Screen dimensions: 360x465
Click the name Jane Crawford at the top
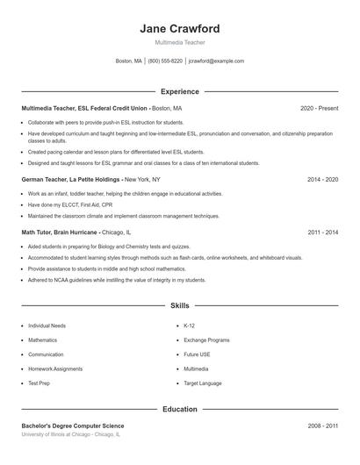click(179, 28)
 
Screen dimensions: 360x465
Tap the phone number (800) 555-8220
click(165, 61)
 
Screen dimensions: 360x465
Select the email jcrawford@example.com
click(216, 61)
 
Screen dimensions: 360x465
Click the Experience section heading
click(180, 91)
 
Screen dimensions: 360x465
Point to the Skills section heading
click(180, 305)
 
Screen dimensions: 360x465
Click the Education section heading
click(180, 409)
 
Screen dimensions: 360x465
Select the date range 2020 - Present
click(319, 109)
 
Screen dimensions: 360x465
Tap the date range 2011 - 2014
click(322, 232)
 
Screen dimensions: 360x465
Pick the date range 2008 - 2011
click(322, 426)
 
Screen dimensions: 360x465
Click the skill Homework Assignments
click(55, 369)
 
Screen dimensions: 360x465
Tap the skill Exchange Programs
click(206, 340)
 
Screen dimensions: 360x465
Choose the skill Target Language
click(204, 383)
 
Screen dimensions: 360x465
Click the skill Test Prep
click(40, 383)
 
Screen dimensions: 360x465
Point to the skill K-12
click(190, 325)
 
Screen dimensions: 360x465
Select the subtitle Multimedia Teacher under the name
click(179, 42)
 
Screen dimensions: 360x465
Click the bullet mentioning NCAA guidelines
click(117, 280)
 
